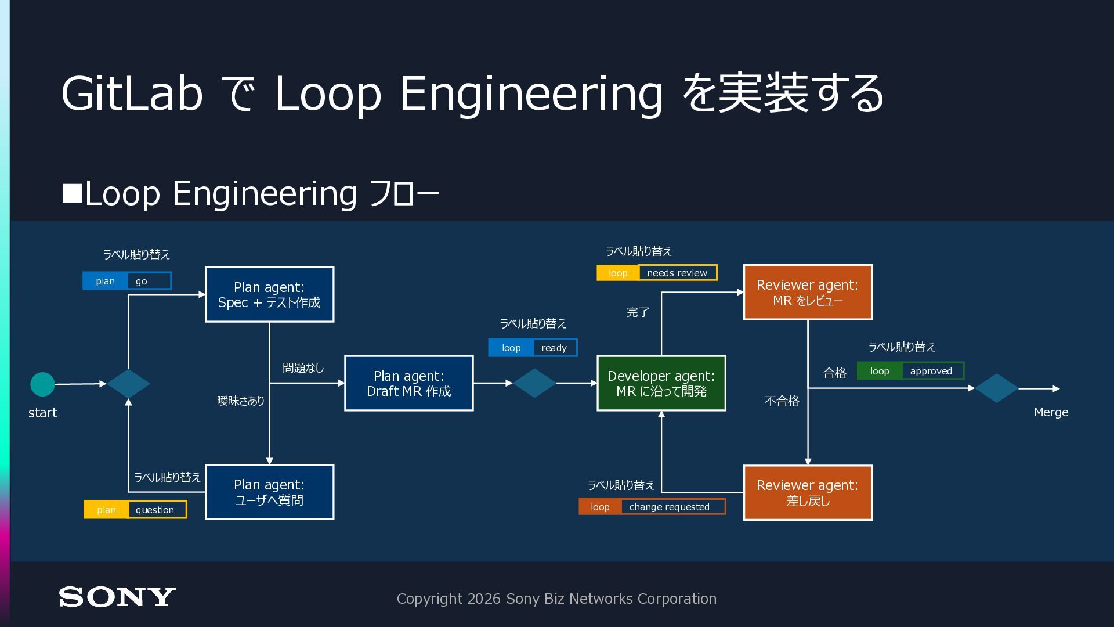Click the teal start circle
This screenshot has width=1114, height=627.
[x=42, y=384]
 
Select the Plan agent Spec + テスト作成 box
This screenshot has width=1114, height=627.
[x=269, y=294]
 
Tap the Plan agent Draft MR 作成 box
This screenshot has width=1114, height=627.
[x=409, y=383]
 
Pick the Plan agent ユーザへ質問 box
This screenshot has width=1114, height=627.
[x=269, y=492]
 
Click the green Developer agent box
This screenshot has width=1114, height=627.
[x=661, y=383]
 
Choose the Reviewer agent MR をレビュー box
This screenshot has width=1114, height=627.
[x=808, y=292]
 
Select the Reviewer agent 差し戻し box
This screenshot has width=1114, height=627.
[x=808, y=492]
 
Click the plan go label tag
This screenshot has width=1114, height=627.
[x=127, y=281]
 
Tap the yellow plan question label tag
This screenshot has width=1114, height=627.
[x=135, y=509]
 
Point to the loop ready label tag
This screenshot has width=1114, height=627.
[x=533, y=348]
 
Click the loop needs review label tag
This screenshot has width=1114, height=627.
[x=657, y=273]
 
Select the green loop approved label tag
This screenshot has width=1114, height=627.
[x=910, y=371]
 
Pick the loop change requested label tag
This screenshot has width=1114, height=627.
[x=652, y=507]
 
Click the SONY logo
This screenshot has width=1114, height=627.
[x=117, y=597]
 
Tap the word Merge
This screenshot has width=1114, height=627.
[x=1051, y=412]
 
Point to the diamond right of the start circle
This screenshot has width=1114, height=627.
[x=128, y=384]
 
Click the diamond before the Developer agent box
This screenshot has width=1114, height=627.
[x=534, y=383]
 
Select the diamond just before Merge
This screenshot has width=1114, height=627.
[x=996, y=388]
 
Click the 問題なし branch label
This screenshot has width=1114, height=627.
[x=303, y=368]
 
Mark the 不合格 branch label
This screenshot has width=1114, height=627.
[x=782, y=401]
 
